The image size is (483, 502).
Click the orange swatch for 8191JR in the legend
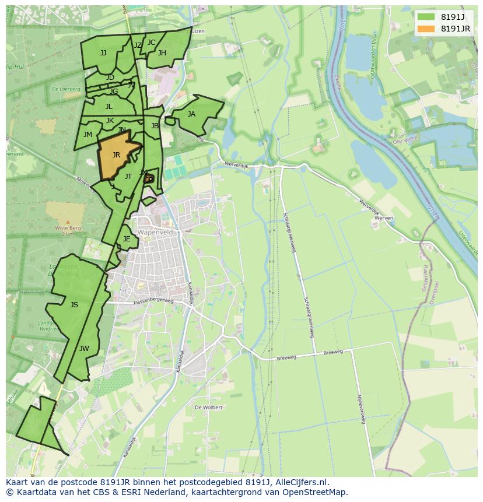point(426,29)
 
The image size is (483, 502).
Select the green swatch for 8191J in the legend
point(426,17)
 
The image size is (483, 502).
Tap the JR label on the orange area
point(116,155)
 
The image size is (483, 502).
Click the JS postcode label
point(74,305)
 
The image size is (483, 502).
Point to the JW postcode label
point(84,349)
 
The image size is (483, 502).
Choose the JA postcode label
point(191,114)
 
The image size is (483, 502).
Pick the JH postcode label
point(162,53)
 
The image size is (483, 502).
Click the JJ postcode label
point(103,53)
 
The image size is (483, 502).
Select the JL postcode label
point(108,107)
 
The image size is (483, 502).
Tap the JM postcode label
point(87,135)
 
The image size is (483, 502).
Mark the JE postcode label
point(127,239)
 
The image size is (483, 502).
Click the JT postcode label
point(128,177)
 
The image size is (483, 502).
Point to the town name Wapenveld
point(155,232)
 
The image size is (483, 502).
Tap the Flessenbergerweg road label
point(153,301)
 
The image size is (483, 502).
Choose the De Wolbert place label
point(208,408)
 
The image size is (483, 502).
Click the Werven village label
point(384,217)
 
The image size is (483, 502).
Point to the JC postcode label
point(151,43)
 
